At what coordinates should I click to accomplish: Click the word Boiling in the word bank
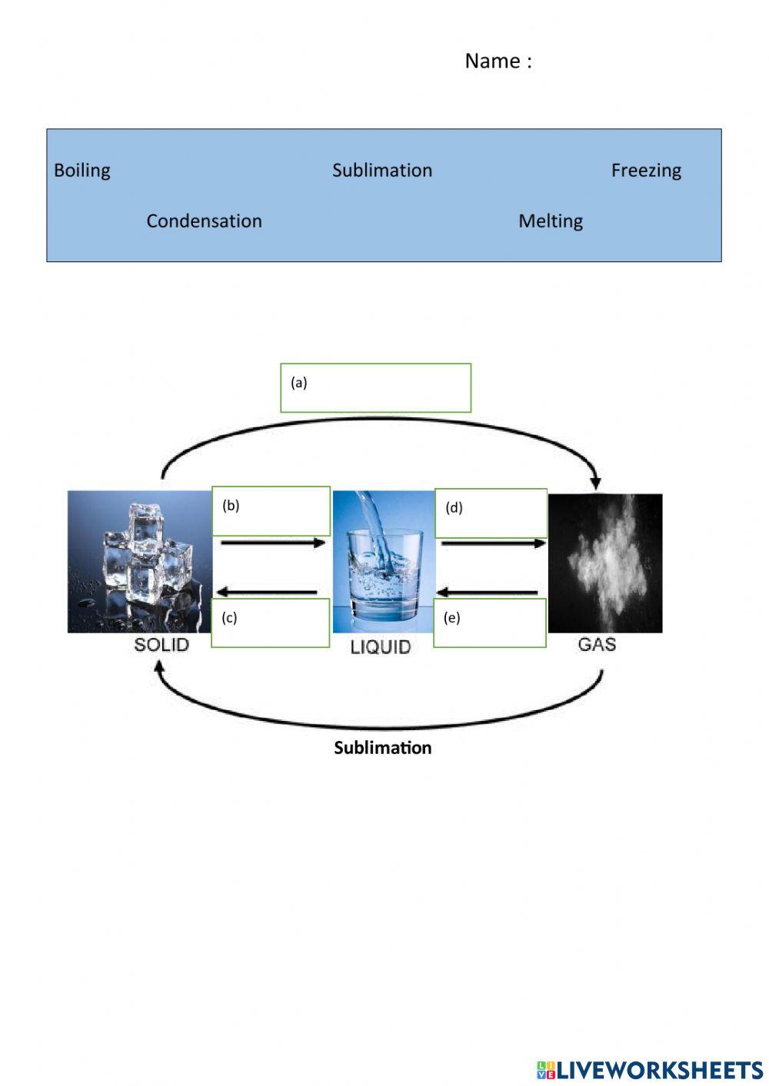(82, 170)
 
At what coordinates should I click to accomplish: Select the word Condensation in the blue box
(204, 221)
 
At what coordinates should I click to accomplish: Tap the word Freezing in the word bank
(646, 170)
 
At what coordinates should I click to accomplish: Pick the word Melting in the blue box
(551, 221)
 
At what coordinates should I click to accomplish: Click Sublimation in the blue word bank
(382, 170)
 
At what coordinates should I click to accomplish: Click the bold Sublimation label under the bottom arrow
(382, 748)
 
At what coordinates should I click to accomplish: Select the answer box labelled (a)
(375, 388)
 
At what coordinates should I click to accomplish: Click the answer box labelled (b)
(271, 510)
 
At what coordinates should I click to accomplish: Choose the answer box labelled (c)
(270, 623)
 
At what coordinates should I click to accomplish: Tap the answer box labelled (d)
(491, 513)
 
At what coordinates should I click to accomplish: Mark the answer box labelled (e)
(490, 623)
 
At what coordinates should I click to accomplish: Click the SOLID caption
(161, 644)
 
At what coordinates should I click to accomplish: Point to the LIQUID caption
(381, 647)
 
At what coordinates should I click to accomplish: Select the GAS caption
(597, 644)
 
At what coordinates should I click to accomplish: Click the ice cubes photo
(138, 561)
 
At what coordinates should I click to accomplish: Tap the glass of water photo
(384, 561)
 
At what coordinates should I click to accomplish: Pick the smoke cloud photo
(605, 563)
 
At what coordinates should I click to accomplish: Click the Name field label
(498, 61)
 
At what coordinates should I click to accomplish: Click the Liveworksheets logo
(650, 1069)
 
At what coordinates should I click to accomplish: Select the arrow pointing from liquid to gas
(493, 543)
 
